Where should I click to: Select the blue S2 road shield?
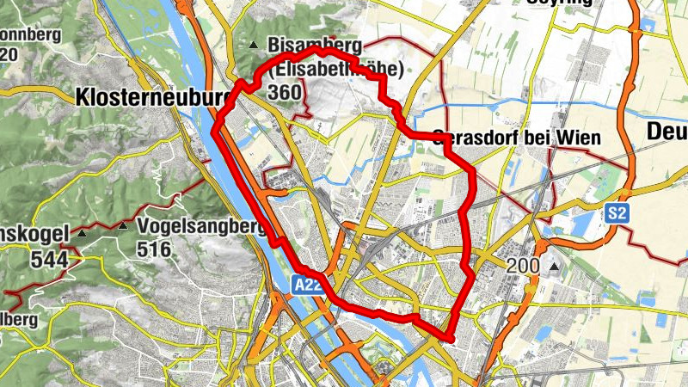pyautogui.click(x=616, y=213)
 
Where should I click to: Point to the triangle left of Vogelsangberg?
pyautogui.click(x=123, y=227)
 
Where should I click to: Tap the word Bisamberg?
pyautogui.click(x=315, y=45)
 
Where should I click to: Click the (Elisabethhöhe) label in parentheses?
pyautogui.click(x=337, y=69)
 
